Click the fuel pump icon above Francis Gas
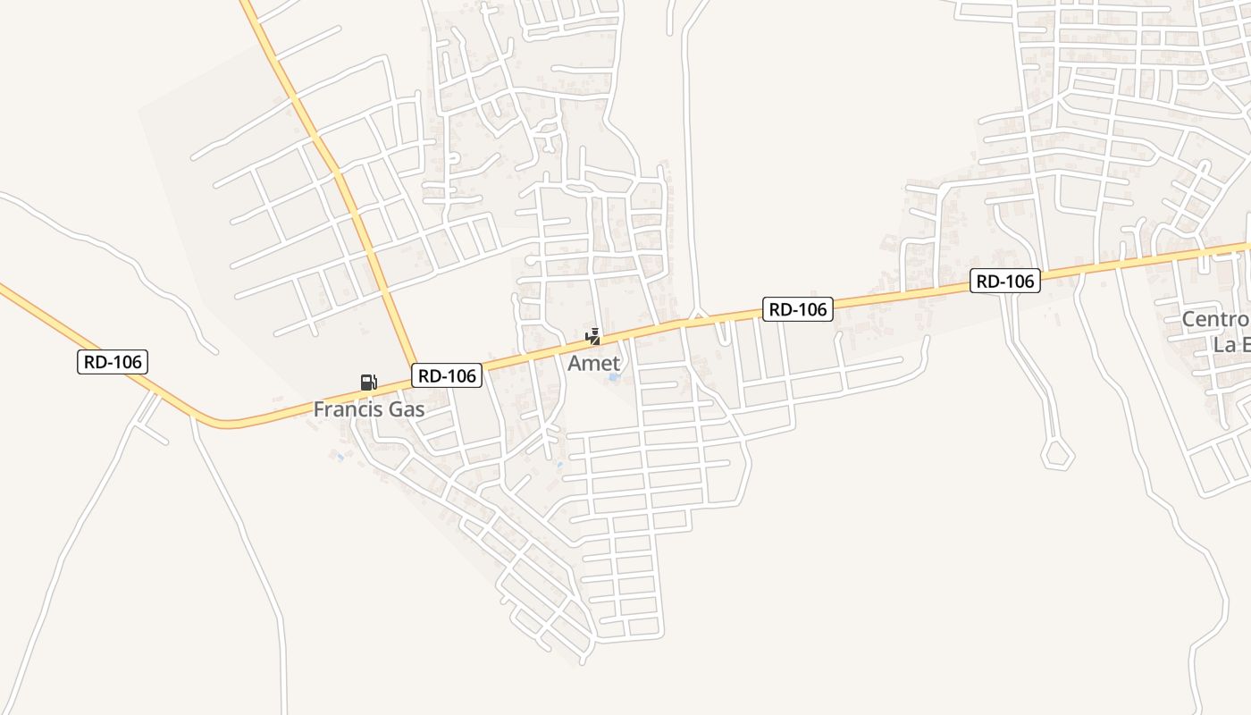click(x=368, y=383)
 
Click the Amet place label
click(x=593, y=363)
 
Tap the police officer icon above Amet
click(x=592, y=337)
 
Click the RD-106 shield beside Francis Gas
click(x=447, y=376)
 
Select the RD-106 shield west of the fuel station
click(x=112, y=362)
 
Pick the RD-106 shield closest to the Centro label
click(x=1005, y=282)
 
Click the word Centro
click(x=1215, y=320)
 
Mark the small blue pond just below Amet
click(x=614, y=378)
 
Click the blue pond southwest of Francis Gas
click(x=339, y=457)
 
